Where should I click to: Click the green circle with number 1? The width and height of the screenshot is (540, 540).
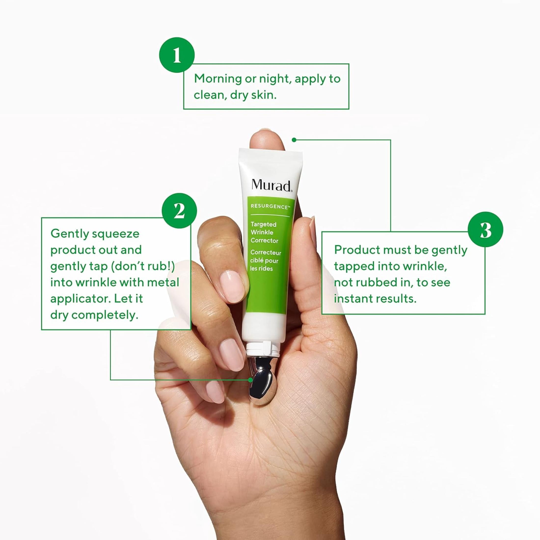point(177,55)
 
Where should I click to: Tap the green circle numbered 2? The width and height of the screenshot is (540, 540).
point(179,211)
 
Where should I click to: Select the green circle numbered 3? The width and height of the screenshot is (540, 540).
point(486,229)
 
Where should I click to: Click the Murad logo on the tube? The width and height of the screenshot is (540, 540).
point(271,185)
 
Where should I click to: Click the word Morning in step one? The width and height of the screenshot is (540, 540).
point(218,79)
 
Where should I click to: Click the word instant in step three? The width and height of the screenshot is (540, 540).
point(352,298)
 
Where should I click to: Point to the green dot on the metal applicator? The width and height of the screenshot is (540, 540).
point(250,380)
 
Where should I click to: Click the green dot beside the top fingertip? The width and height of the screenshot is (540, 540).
point(294,140)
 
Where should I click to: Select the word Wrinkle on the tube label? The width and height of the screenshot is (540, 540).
point(262,232)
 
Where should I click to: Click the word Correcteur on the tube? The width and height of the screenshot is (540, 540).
point(266,252)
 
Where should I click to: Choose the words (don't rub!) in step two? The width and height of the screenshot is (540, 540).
point(143,266)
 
